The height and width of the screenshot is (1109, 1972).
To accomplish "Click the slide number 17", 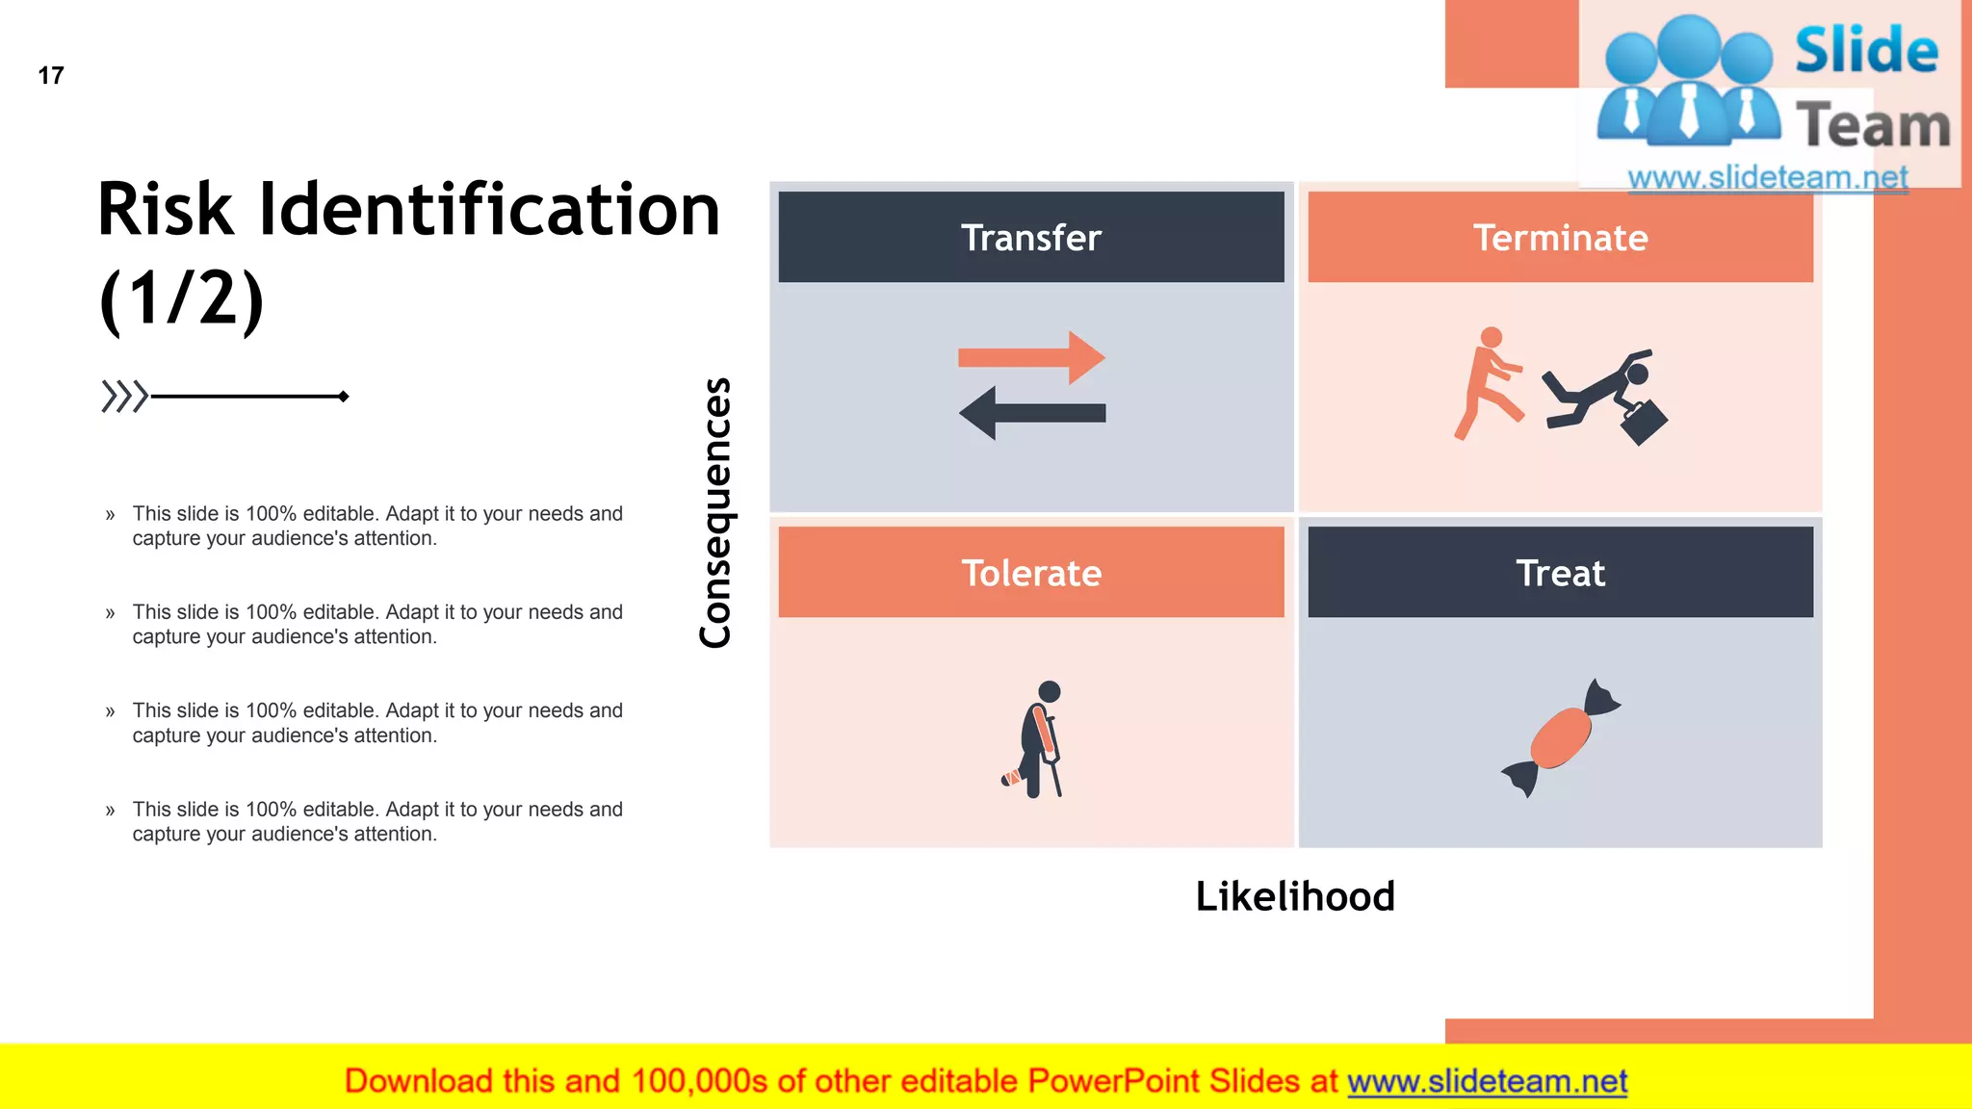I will pos(51,75).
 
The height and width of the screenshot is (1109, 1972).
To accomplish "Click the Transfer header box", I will pos(1030,237).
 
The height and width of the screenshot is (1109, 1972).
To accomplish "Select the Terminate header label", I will pos(1560,237).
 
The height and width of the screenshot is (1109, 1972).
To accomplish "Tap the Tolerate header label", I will pos(1030,573).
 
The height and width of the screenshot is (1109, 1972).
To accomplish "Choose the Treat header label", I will pos(1560,573).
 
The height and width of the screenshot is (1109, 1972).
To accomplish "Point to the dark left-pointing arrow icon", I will pos(1032,413).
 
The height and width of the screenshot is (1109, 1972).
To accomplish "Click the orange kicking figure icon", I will pos(1488,382).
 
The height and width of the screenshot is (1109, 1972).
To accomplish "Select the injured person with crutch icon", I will pos(1036,739).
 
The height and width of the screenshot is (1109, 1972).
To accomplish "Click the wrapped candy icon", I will pos(1561,737).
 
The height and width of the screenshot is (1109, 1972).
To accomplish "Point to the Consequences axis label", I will pos(715,512).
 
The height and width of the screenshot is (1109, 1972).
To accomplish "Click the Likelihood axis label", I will pos(1294,896).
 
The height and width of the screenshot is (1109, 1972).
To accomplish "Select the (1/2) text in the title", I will pos(181,299).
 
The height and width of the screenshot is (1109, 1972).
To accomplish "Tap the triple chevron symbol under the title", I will pos(124,396).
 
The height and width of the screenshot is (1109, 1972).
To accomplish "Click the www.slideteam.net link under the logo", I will pos(1767,177).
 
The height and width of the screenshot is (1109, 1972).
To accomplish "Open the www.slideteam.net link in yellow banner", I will pos(1487,1081).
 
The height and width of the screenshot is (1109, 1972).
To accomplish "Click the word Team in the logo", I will pos(1872,125).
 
